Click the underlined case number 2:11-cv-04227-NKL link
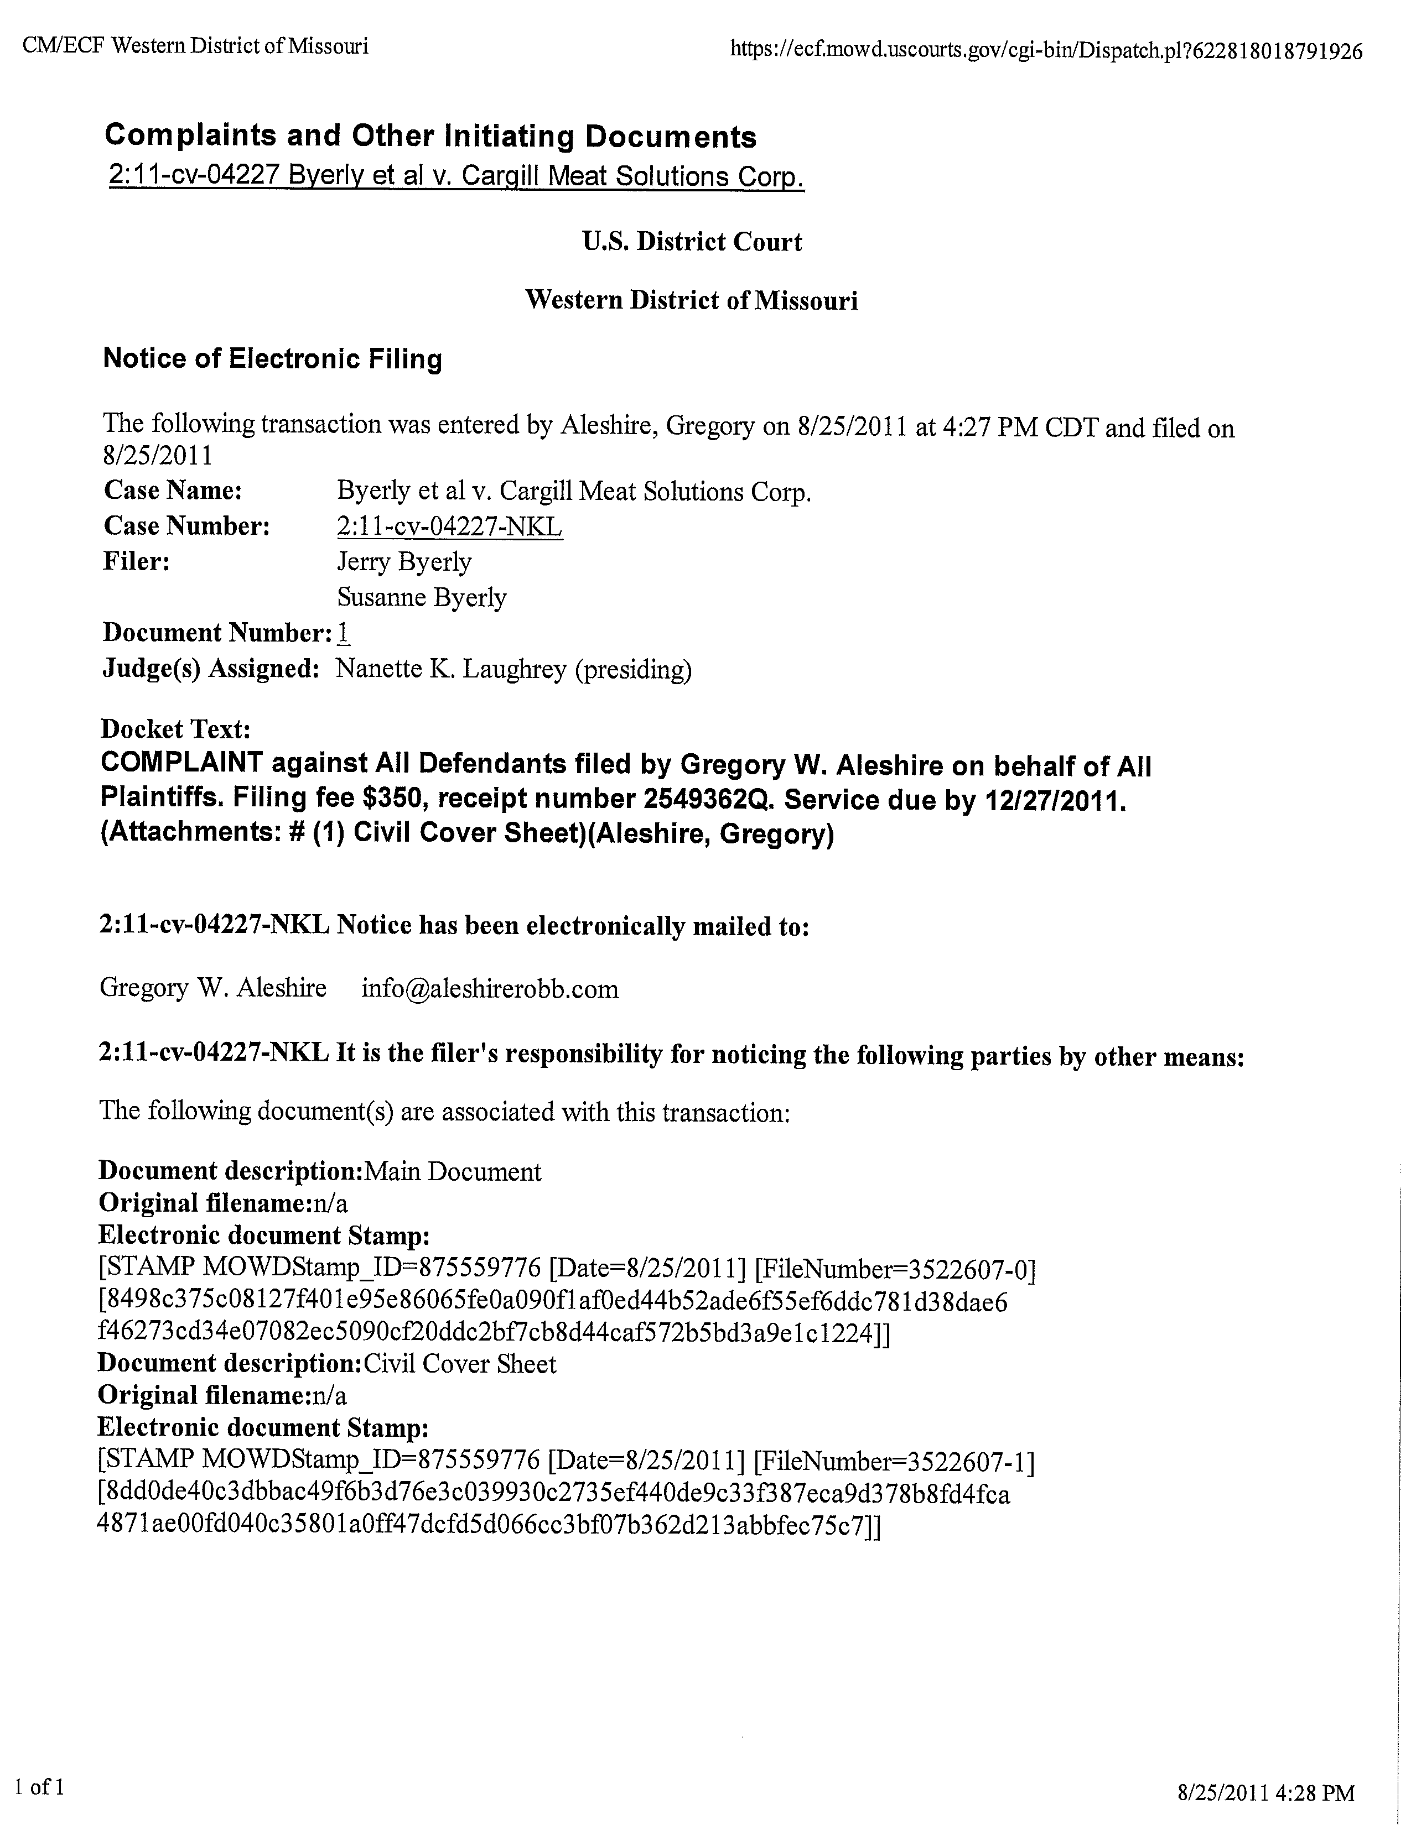pos(449,526)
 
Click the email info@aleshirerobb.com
pos(490,989)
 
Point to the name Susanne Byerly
pos(421,597)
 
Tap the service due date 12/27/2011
pos(1055,801)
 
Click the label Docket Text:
pos(175,729)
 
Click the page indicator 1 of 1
pos(46,1786)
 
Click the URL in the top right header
pos(1046,50)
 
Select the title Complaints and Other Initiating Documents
pos(430,135)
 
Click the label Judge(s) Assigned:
pos(211,669)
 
